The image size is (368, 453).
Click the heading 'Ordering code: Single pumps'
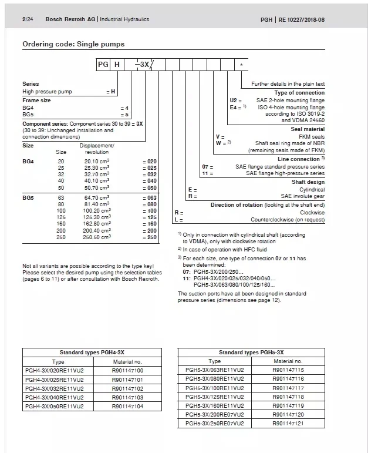point(73,44)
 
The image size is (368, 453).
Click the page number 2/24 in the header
point(27,19)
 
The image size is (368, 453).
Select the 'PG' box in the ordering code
point(104,64)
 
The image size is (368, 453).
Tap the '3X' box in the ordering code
point(142,64)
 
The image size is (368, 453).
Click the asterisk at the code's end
point(241,64)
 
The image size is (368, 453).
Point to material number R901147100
point(127,371)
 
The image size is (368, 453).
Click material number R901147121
point(288,424)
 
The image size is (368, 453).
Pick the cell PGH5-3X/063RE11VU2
point(215,371)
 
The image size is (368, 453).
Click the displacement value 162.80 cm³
point(97,223)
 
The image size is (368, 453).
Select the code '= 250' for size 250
point(150,237)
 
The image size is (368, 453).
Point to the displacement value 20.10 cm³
point(97,160)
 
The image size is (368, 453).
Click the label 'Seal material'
point(308,129)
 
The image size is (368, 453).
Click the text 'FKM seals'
point(309,136)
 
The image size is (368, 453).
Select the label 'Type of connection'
point(299,93)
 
